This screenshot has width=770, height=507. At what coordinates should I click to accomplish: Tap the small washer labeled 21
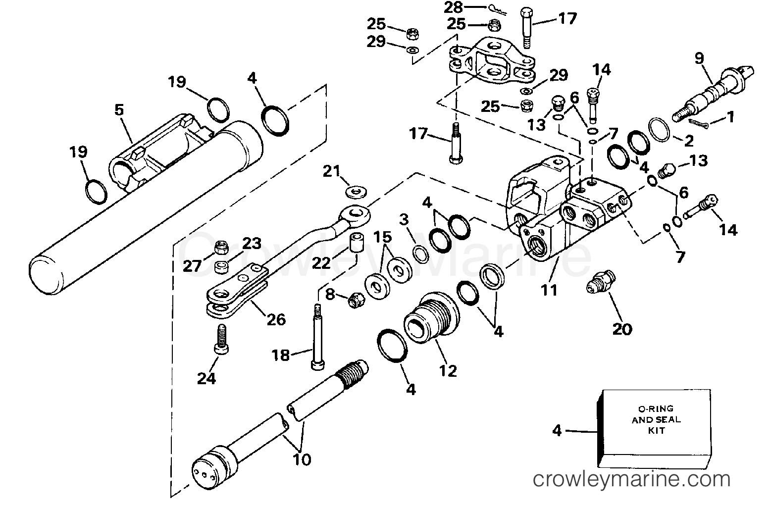click(354, 190)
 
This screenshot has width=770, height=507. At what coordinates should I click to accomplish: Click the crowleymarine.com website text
click(631, 479)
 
